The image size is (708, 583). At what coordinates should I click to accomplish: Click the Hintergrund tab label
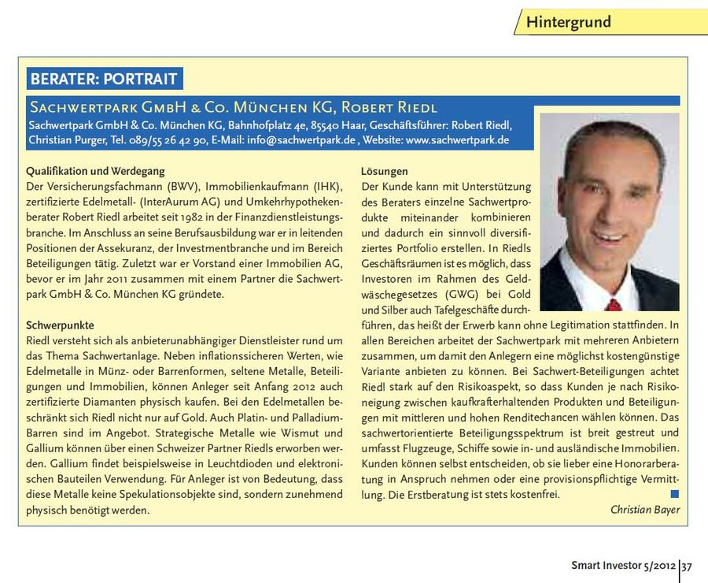(x=568, y=22)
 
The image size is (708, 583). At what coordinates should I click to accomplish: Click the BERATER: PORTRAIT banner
(x=104, y=79)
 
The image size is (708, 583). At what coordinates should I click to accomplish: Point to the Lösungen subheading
(x=385, y=171)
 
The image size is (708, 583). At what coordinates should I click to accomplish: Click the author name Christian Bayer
(x=644, y=510)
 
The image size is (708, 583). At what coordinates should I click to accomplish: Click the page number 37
(x=687, y=565)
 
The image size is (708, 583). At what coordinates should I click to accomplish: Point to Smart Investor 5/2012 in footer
(x=623, y=565)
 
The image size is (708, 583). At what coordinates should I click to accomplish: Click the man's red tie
(x=613, y=304)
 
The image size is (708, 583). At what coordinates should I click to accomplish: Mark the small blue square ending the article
(x=674, y=494)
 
